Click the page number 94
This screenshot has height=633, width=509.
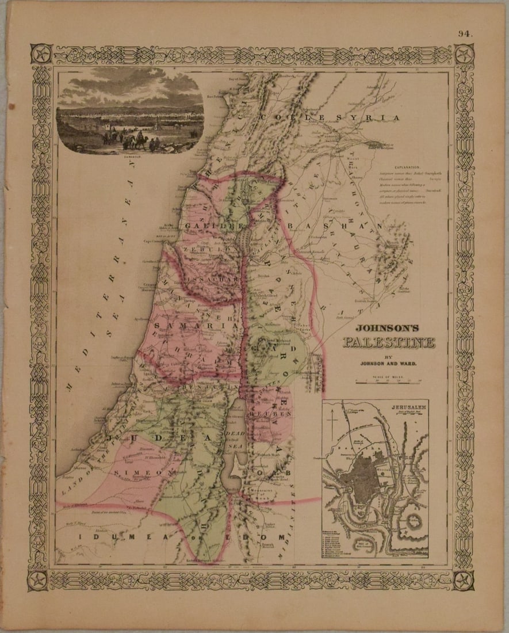[465, 33]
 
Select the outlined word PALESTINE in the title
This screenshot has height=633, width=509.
[389, 344]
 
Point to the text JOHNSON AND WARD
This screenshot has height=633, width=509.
[389, 363]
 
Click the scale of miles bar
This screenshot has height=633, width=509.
[389, 380]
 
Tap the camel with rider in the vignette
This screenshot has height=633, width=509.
[137, 140]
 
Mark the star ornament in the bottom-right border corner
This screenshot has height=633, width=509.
[464, 579]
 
